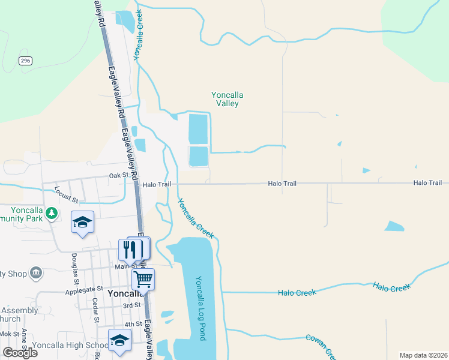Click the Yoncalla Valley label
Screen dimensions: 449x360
pyautogui.click(x=225, y=99)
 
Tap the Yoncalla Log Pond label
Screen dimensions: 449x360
pyautogui.click(x=200, y=308)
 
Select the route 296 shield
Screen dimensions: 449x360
pyautogui.click(x=25, y=61)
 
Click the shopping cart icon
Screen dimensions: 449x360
pyautogui.click(x=143, y=279)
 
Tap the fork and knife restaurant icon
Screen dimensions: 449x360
pyautogui.click(x=131, y=249)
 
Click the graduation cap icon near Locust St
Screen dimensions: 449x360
pyautogui.click(x=82, y=223)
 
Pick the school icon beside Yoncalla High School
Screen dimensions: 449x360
pyautogui.click(x=119, y=340)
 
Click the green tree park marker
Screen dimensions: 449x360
pyautogui.click(x=52, y=212)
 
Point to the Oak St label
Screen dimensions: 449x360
pyautogui.click(x=119, y=176)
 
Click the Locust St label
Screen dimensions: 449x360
pyautogui.click(x=67, y=193)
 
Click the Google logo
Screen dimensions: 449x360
pyautogui.click(x=20, y=352)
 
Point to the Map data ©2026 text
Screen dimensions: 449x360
pyautogui.click(x=423, y=355)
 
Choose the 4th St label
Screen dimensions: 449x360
pyautogui.click(x=133, y=324)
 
